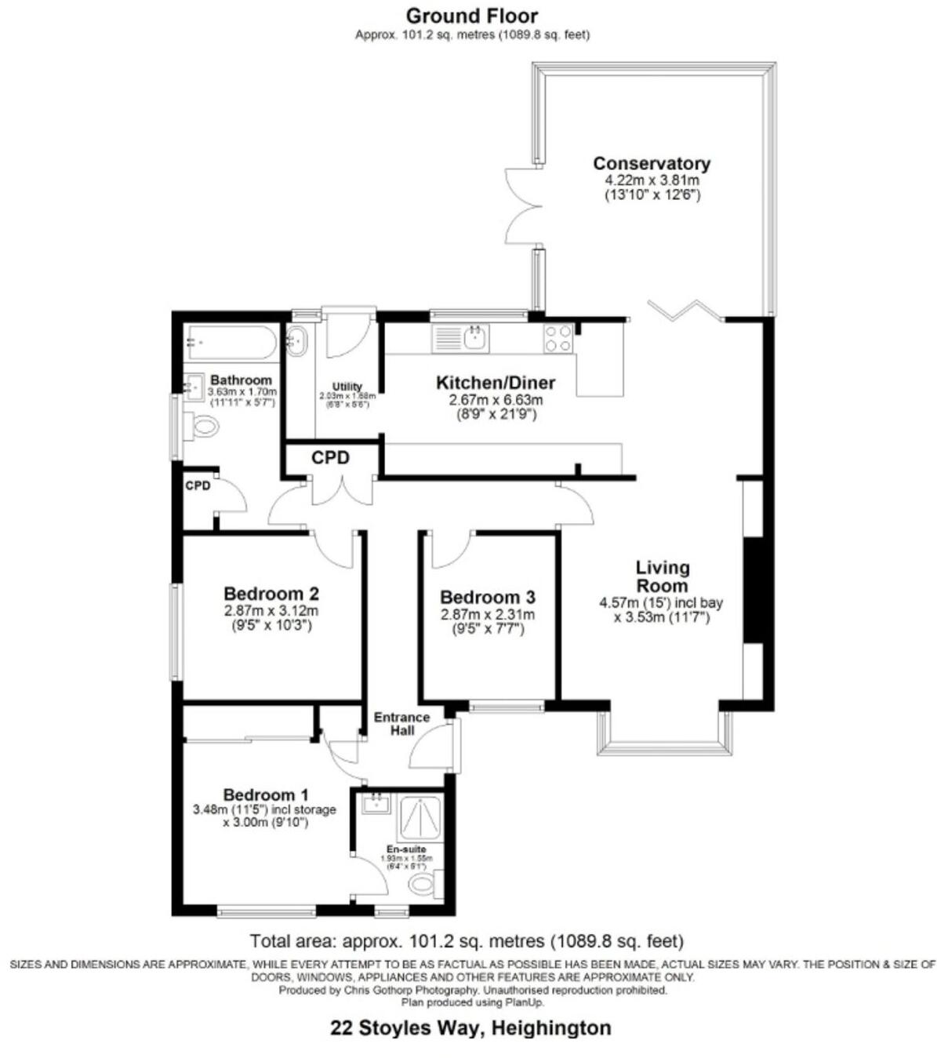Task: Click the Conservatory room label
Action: [x=651, y=164]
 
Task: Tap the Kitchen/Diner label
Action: [x=496, y=384]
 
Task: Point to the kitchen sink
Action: [x=475, y=338]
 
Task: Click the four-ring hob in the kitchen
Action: [x=558, y=338]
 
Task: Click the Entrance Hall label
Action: [x=401, y=723]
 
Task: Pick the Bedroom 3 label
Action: [x=487, y=598]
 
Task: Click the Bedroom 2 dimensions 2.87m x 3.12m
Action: [x=271, y=611]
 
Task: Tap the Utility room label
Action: [x=347, y=387]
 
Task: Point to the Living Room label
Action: [x=663, y=576]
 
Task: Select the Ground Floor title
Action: [x=472, y=15]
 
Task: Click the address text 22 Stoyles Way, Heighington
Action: [x=470, y=1027]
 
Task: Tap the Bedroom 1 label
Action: [x=266, y=794]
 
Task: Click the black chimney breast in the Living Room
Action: [x=753, y=590]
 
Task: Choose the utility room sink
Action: [x=296, y=340]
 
